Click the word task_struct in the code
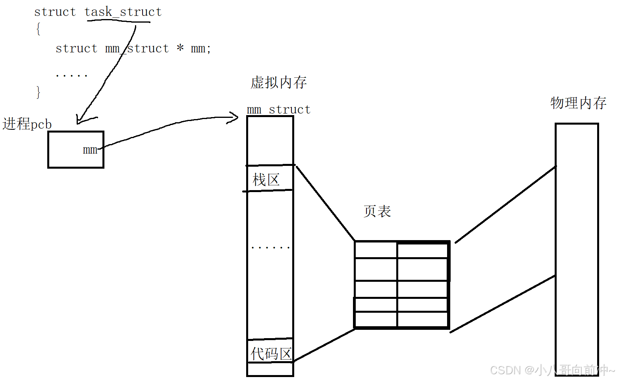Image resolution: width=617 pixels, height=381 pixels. [123, 12]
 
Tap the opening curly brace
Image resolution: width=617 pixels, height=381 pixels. [38, 29]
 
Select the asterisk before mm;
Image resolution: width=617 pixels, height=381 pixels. [180, 48]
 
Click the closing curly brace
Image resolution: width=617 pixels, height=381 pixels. [38, 92]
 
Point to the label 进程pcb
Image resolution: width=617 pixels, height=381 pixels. [27, 124]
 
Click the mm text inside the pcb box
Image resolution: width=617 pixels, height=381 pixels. [90, 150]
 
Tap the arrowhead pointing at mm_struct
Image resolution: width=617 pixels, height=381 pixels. [233, 117]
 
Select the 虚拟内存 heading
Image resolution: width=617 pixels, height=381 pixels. [279, 83]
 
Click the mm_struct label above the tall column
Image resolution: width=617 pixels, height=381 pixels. [278, 110]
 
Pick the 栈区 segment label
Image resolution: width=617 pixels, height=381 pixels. [266, 180]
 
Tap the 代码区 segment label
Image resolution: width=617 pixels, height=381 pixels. [271, 354]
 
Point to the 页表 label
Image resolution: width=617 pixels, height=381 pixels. [377, 211]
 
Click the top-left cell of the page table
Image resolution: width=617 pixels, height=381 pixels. [376, 250]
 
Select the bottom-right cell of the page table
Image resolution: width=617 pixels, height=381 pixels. [422, 319]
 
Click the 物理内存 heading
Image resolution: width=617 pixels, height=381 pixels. [578, 103]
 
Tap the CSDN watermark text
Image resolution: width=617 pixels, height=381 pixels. [552, 370]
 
